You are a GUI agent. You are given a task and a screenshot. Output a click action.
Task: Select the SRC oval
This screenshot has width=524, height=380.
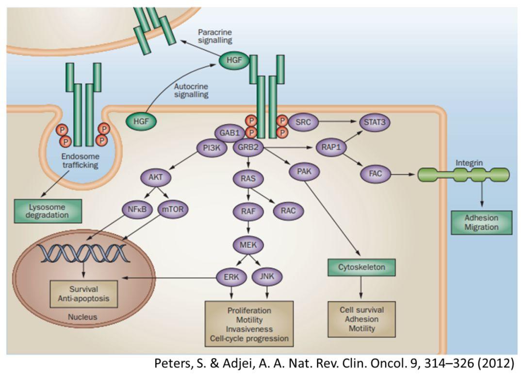304,121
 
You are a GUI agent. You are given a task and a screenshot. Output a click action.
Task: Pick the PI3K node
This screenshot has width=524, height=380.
212,147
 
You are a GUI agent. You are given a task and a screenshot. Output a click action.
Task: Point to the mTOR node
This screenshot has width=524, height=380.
173,209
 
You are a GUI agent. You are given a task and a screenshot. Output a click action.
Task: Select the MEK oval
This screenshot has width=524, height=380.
248,244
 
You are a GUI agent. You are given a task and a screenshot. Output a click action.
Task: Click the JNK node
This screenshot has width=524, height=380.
267,277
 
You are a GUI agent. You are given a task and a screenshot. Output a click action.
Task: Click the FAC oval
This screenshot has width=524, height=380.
376,172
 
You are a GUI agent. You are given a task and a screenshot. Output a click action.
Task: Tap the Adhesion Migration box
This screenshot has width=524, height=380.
481,222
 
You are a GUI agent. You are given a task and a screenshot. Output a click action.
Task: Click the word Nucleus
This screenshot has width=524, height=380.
82,317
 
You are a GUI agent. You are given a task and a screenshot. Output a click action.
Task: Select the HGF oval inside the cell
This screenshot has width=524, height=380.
141,119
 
